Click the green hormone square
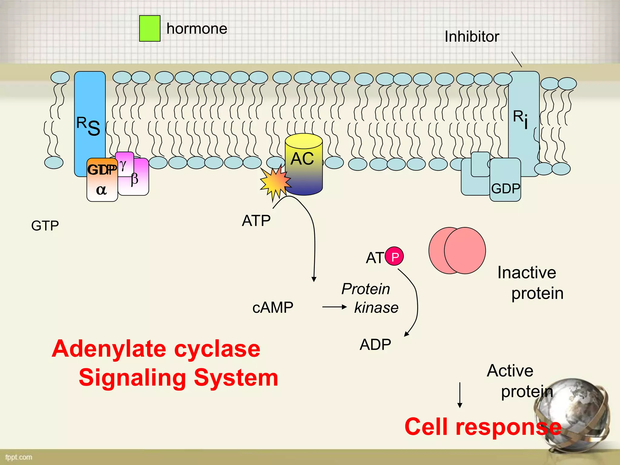pos(150,28)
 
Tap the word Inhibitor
pos(471,37)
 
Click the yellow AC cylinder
pos(304,163)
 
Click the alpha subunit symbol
pos(101,190)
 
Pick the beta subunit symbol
pos(135,179)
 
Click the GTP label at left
pos(45,226)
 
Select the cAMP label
pos(273,308)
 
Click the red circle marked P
pos(394,256)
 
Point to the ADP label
pos(375,345)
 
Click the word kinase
pos(376,308)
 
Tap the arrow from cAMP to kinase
pos(334,307)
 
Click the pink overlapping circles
pos(457,251)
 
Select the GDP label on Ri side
pos(505,189)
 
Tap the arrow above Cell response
pos(460,395)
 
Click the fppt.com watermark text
pos(18,457)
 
